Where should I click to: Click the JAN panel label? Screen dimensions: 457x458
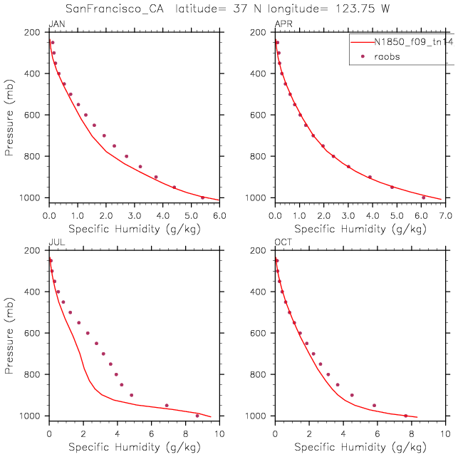coord(55,25)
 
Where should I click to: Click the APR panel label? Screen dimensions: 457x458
coord(282,25)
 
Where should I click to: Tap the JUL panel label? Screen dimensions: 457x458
coord(55,243)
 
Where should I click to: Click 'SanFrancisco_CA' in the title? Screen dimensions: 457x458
coord(116,9)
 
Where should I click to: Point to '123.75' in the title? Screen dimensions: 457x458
coord(354,9)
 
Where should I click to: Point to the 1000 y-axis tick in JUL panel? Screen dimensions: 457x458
coord(31,416)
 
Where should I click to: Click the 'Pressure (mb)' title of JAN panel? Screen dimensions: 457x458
coord(9,115)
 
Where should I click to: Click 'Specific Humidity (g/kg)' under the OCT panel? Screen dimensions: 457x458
coord(360,447)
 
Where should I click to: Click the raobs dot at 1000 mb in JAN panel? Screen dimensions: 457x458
coord(202,197)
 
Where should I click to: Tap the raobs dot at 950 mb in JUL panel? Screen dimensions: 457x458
coord(167,406)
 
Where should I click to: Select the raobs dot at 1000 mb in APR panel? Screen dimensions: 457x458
coord(423,197)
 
